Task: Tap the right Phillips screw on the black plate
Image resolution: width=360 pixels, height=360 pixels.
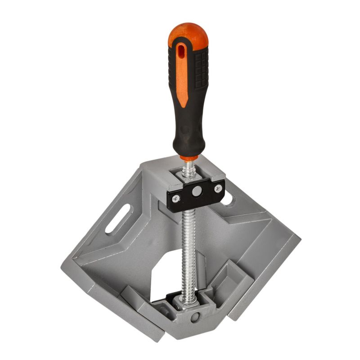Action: click(218, 189)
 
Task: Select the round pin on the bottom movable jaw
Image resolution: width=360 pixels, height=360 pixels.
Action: click(194, 317)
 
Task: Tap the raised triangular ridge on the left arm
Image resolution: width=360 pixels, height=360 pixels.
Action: click(135, 234)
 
